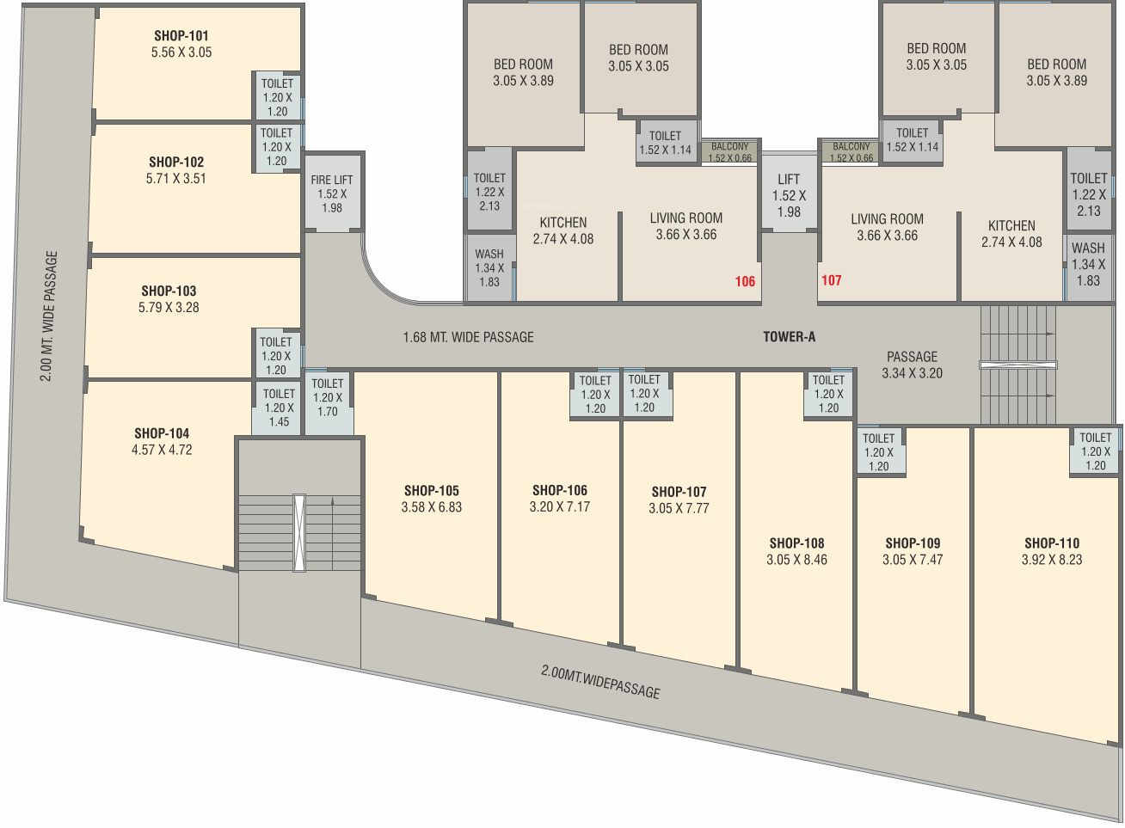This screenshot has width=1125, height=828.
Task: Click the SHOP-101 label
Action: pos(181,35)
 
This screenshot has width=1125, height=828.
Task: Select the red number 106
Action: pos(745,281)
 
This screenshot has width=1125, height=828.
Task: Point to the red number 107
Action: pos(831,280)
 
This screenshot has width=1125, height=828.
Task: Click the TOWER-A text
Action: pos(789,336)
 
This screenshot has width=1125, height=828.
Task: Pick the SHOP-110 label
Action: pos(1052,543)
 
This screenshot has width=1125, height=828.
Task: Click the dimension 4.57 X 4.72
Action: pos(162,450)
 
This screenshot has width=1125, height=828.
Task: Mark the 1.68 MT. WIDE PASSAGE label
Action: pos(468,337)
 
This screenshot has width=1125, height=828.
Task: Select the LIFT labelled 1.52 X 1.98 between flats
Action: pos(789,193)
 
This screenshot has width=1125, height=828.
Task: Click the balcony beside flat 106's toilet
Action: pos(729,151)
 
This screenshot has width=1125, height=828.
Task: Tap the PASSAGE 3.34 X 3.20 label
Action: pos(912,365)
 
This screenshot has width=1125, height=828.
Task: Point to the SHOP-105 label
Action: pos(432,491)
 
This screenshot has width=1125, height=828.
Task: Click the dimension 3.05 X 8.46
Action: pos(796,560)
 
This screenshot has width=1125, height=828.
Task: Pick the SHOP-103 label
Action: pos(169,291)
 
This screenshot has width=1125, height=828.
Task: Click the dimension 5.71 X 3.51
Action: pos(176,179)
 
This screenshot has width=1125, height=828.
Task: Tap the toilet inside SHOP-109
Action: pos(879,451)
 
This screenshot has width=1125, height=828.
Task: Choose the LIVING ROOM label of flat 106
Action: pos(686,218)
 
